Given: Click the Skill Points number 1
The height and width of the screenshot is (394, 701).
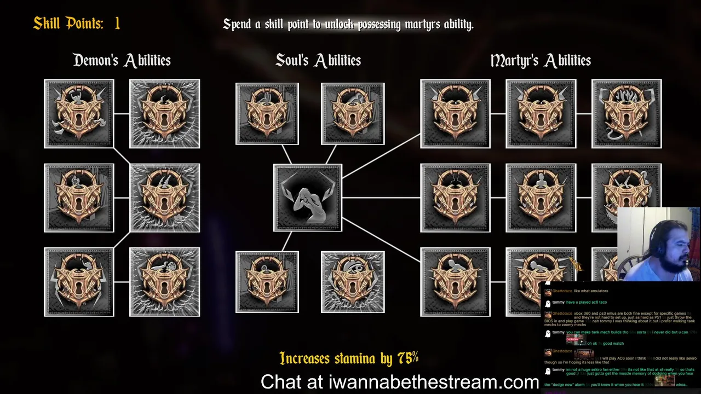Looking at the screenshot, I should coord(117,24).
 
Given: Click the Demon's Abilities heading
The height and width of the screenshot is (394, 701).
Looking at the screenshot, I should coord(122,60).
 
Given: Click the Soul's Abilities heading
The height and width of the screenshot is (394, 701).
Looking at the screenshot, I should coord(318,60).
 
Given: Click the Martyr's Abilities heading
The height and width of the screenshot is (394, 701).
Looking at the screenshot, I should coord(540,60).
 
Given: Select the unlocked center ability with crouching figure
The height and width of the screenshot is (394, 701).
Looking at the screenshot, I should coord(308,198).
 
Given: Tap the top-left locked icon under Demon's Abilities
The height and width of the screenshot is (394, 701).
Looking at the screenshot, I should coord(79,114).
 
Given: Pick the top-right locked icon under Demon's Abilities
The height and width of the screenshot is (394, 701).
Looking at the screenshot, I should coord(165,114).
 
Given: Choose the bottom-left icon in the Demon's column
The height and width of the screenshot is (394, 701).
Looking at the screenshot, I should coord(79,282).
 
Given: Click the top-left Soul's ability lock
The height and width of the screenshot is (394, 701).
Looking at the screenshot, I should coord(267,114).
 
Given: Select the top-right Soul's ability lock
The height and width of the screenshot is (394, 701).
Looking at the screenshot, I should coord(353,114).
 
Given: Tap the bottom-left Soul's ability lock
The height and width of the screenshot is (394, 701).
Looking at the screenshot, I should coord(267,282).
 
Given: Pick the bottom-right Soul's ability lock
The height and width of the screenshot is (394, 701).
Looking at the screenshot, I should coord(353,282).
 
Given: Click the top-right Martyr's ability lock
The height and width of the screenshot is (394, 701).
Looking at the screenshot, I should coord(627,114).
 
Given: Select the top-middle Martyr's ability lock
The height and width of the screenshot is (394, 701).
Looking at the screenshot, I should coord(541,114).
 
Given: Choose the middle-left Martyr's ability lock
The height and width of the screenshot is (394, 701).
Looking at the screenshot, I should coord(455,198).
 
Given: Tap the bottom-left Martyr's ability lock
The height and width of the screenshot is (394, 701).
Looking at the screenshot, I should coord(455,282).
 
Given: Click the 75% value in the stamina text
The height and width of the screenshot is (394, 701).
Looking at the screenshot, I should coord(408,358).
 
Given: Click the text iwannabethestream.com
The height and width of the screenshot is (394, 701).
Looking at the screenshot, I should coord(434,381).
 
